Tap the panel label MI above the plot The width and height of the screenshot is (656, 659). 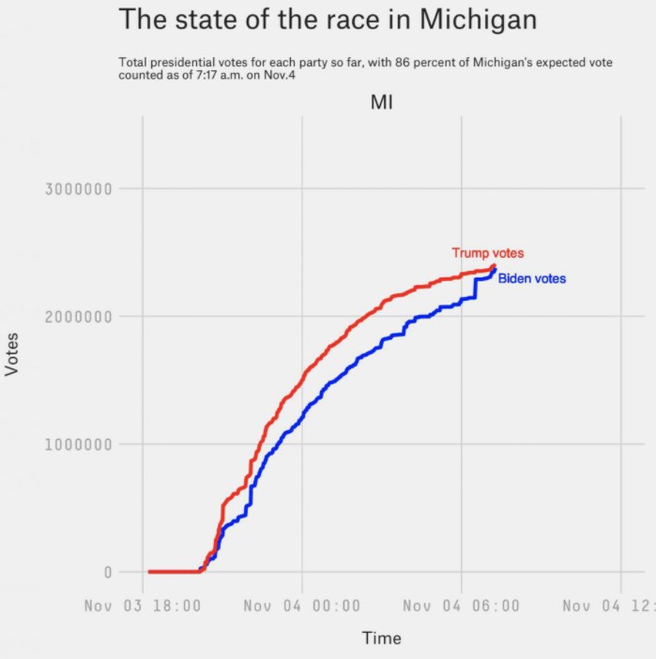[x=381, y=102]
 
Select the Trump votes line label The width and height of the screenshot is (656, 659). [x=487, y=253]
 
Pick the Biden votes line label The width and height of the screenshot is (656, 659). [x=531, y=278]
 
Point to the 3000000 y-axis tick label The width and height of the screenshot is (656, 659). [x=79, y=188]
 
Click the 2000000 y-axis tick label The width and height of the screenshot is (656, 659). [x=79, y=317]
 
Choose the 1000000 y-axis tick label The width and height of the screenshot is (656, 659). [x=79, y=444]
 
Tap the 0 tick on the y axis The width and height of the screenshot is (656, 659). [x=108, y=572]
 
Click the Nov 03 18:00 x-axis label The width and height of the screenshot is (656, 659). [x=143, y=606]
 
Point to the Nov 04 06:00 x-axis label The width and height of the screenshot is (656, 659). [x=461, y=606]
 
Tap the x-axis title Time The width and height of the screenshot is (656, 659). [x=381, y=638]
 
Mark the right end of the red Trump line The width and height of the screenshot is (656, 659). [x=494, y=266]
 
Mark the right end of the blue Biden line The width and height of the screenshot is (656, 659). [x=495, y=270]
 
